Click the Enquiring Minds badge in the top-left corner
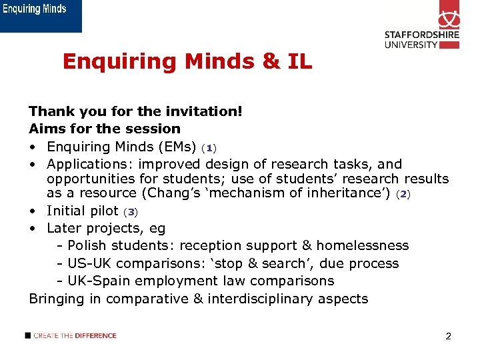41,15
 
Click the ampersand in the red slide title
271,62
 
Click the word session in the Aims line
154,129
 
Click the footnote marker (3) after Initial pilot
131,212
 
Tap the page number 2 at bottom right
448,336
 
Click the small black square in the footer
27,335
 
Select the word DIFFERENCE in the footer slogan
95,335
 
